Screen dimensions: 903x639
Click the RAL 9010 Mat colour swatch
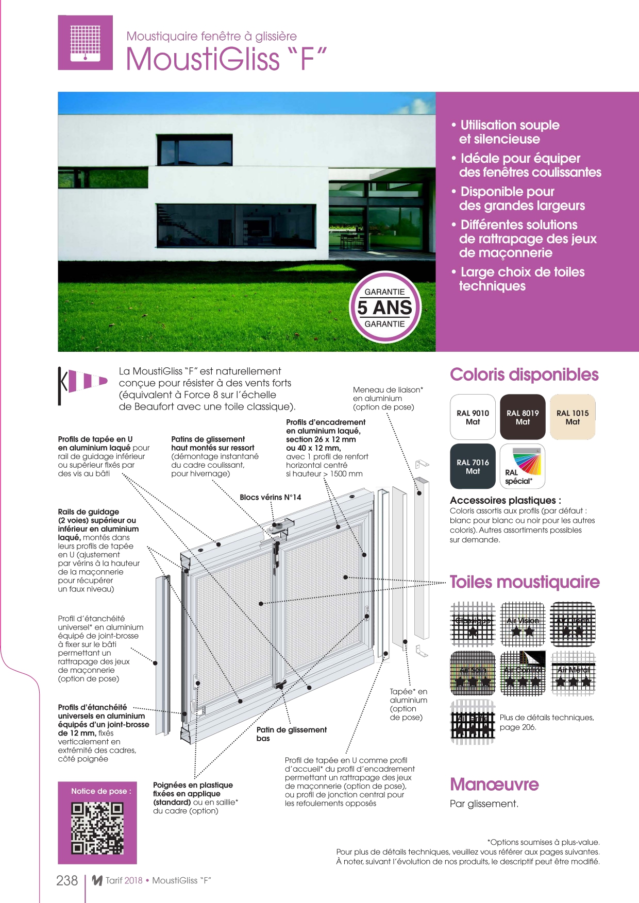click(x=473, y=417)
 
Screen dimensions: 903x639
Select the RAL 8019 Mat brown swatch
click(x=523, y=417)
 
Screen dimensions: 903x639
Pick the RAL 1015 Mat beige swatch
click(x=573, y=417)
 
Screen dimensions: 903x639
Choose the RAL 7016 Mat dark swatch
click(x=473, y=466)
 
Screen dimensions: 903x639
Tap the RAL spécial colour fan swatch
click(x=523, y=466)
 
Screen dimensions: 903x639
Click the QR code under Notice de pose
click(x=97, y=828)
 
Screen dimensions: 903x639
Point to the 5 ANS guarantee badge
click(x=385, y=308)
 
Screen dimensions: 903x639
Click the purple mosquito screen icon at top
click(x=85, y=43)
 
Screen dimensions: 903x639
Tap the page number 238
click(x=67, y=880)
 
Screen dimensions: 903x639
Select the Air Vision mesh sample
click(x=523, y=624)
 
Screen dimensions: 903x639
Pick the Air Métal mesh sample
click(x=573, y=673)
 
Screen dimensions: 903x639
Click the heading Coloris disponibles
click(x=524, y=374)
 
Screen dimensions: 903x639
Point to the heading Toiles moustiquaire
click(x=525, y=582)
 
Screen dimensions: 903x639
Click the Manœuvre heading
click(x=494, y=784)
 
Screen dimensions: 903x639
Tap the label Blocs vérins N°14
click(x=270, y=497)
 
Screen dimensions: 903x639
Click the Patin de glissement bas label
click(x=291, y=734)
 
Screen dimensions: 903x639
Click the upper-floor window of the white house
click(x=195, y=150)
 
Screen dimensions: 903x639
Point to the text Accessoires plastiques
click(x=505, y=500)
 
